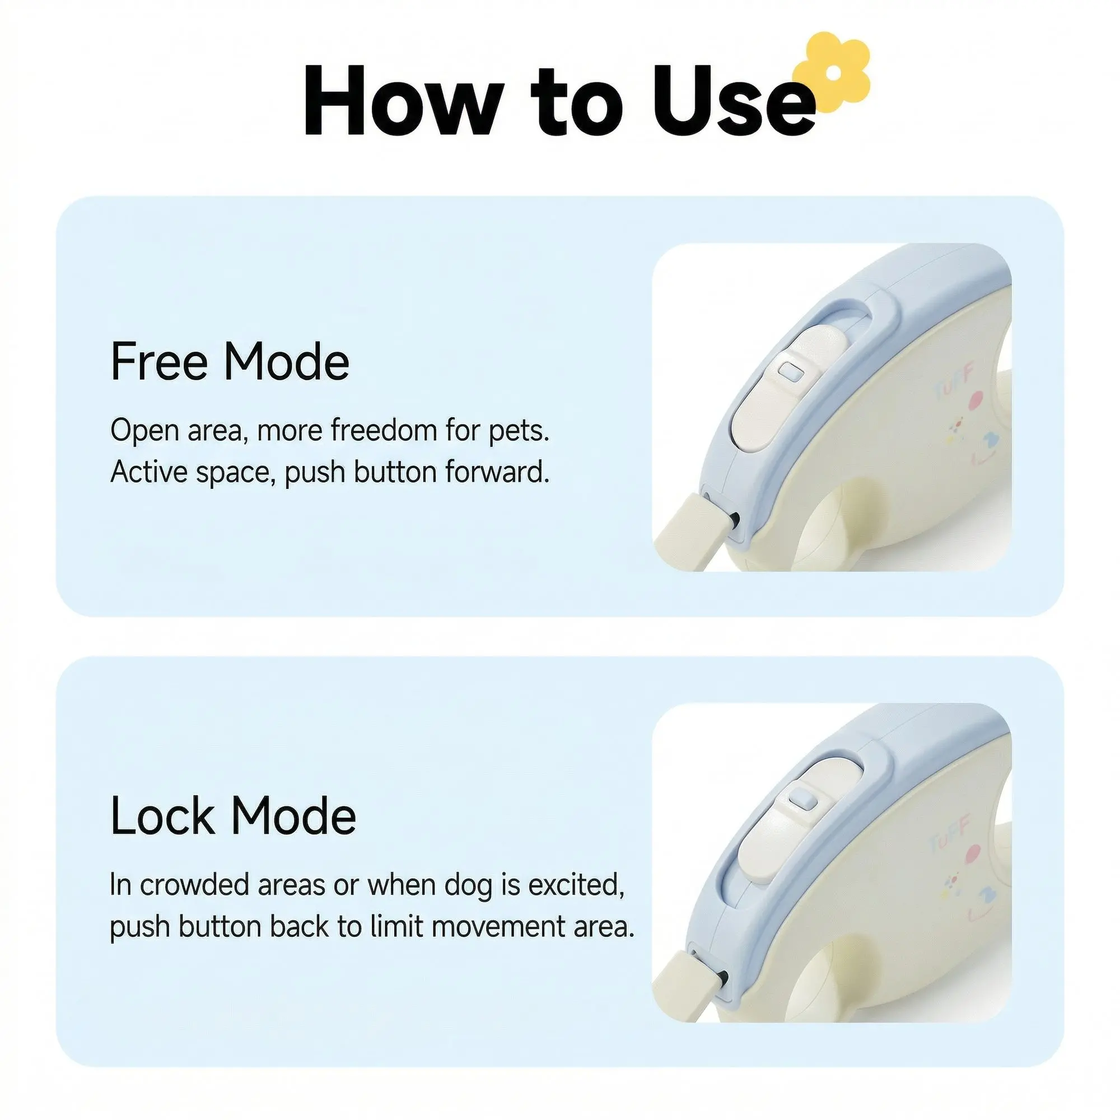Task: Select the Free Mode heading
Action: click(230, 362)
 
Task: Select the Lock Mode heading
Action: click(233, 816)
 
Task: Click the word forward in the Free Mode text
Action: click(497, 472)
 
